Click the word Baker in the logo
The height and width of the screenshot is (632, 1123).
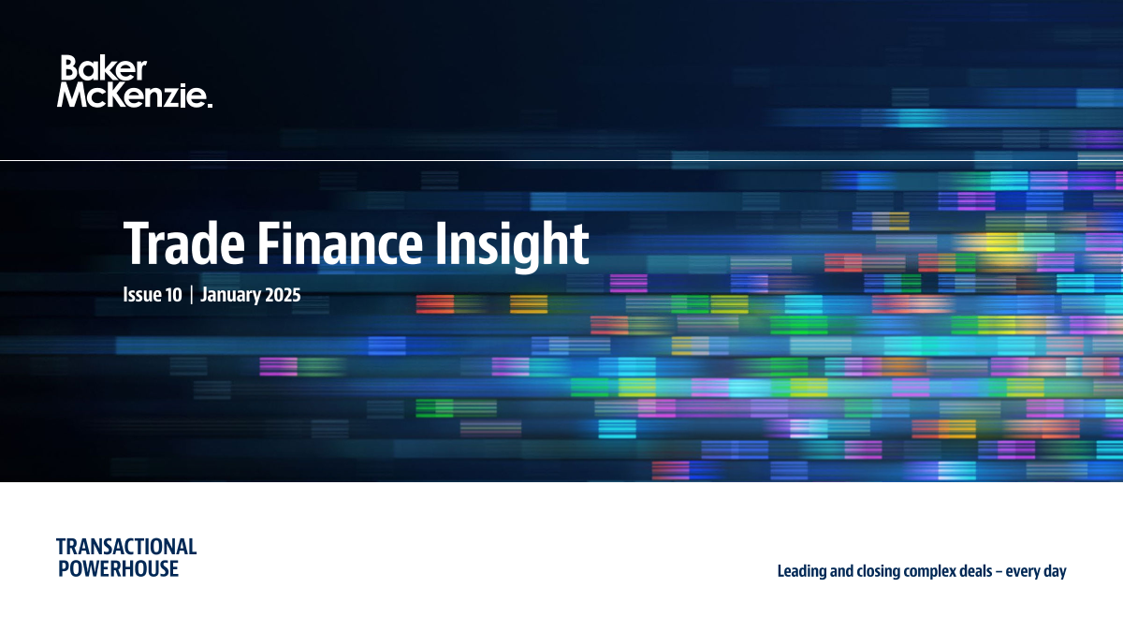(104, 67)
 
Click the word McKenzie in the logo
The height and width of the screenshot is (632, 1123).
(131, 95)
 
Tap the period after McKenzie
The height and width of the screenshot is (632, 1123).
(210, 104)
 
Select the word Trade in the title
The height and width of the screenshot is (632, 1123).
(184, 243)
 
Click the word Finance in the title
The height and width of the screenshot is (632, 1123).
(340, 243)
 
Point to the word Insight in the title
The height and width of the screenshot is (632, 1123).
(512, 245)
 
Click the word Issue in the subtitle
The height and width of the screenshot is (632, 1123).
(138, 295)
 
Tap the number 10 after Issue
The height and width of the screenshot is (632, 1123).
(169, 295)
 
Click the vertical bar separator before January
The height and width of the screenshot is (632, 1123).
(192, 295)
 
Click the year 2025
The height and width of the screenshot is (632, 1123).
(283, 295)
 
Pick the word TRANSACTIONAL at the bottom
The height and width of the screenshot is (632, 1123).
(126, 547)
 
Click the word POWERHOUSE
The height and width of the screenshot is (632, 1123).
(118, 569)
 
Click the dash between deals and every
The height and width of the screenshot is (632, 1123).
(999, 572)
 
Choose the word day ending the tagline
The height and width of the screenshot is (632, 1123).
(1055, 572)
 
